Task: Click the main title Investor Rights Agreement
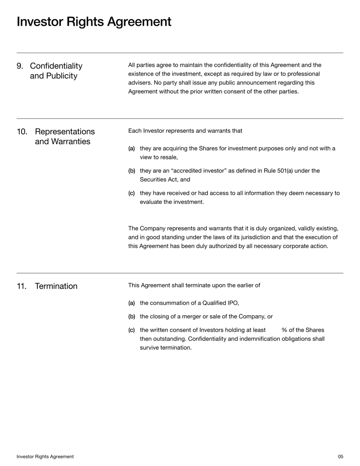point(94,22)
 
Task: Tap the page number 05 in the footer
point(340,457)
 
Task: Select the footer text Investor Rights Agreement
point(45,457)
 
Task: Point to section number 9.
point(20,66)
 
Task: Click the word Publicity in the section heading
point(60,76)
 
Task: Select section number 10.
point(22,131)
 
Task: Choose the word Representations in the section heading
point(64,131)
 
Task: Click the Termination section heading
point(56,286)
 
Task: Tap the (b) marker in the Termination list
point(131,316)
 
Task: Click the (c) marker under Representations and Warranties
point(131,194)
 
